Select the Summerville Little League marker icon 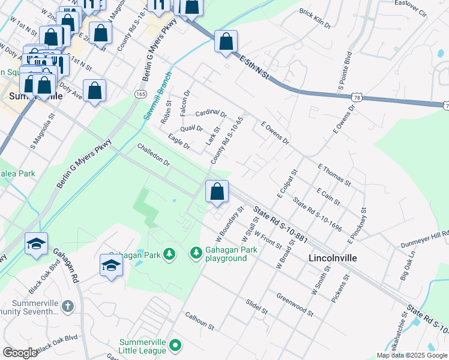175,345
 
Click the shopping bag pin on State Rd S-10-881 217,191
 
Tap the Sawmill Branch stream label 157,96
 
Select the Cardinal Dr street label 211,113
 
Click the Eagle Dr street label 179,142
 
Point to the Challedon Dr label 154,155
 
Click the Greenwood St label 295,305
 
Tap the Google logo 20,353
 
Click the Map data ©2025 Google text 411,355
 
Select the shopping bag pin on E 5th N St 226,41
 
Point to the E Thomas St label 334,174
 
